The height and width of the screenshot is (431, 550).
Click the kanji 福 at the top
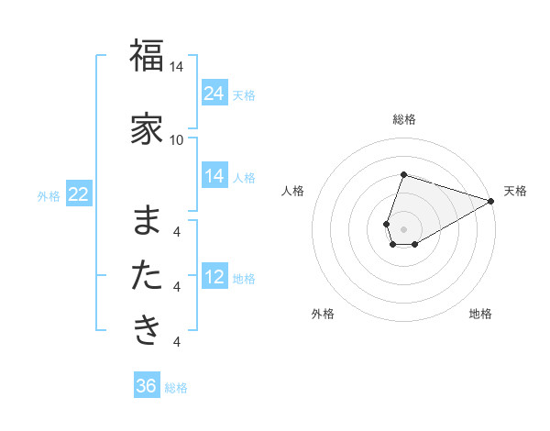[x=147, y=56]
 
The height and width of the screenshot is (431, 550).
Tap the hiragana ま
[x=147, y=220]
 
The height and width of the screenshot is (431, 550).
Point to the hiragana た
[x=147, y=275]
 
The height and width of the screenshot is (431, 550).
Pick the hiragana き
[x=147, y=329]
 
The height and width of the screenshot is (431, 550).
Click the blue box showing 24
[x=214, y=94]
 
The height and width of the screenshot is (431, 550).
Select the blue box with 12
[x=214, y=277]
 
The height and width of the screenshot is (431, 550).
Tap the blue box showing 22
[x=79, y=194]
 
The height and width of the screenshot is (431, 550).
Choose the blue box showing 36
[x=147, y=386]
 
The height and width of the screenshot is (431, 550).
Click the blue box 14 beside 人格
[x=214, y=176]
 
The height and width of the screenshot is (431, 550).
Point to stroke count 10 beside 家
[x=177, y=139]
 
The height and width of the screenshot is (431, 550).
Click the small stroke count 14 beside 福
[x=177, y=67]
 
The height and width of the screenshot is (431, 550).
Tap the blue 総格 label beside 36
[x=176, y=388]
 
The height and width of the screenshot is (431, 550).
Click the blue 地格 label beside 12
[x=244, y=279]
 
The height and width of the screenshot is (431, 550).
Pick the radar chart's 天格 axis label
[x=515, y=191]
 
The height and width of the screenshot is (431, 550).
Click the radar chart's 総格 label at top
[x=404, y=119]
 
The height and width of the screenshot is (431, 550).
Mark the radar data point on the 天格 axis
[x=491, y=201]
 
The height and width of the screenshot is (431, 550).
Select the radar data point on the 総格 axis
[x=403, y=174]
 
